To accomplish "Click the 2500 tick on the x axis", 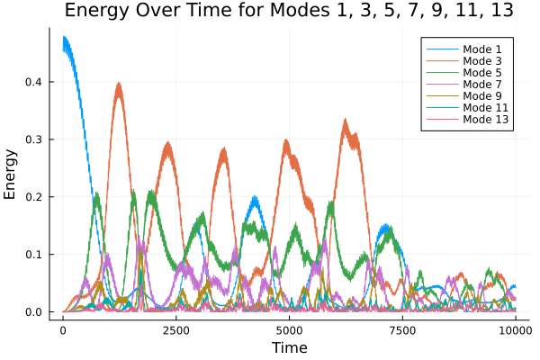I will (175, 330).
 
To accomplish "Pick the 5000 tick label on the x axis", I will (289, 330).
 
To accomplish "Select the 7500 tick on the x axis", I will (401, 330).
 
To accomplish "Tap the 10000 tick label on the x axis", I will (514, 330).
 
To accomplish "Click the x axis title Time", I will (289, 347).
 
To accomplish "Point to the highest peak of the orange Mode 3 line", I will (118, 84).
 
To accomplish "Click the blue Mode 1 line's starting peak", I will (64, 38).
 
